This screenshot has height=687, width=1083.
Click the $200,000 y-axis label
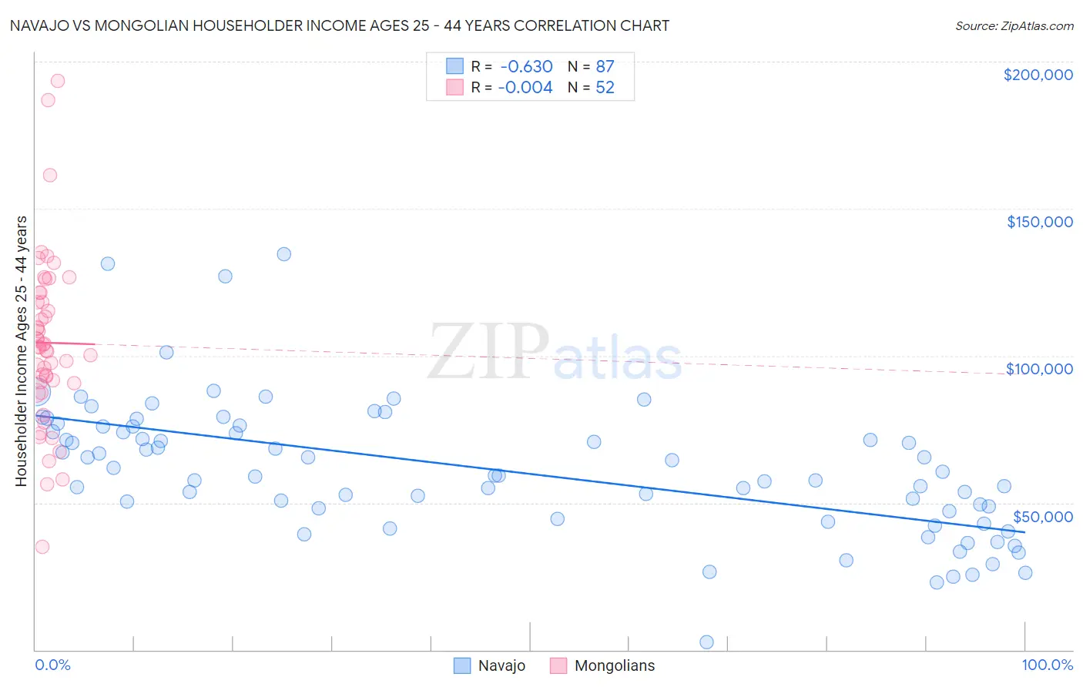coord(1038,75)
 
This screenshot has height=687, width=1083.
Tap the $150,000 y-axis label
coord(1039,222)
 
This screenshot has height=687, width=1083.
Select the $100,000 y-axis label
coord(1039,369)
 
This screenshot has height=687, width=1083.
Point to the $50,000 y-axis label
coord(1042,516)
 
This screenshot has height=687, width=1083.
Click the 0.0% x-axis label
coord(52,665)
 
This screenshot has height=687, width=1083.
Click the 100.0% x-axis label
coord(1047,665)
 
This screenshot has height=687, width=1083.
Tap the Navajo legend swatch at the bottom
coord(461,665)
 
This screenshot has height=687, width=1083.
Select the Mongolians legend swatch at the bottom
coord(558,665)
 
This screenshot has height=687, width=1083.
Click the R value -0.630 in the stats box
coord(525,66)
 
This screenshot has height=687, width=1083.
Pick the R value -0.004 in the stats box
coord(525,88)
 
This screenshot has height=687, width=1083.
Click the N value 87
coord(605,66)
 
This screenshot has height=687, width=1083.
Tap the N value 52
coord(605,88)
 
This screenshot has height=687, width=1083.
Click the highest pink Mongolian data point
coord(57,81)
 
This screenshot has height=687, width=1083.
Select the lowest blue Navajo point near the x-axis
coord(706,642)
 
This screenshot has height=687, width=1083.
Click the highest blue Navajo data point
coord(283,254)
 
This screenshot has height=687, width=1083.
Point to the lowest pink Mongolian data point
coord(42,547)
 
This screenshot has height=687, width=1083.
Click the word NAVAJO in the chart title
coord(38,25)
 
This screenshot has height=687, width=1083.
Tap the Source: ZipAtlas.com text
coord(1014,26)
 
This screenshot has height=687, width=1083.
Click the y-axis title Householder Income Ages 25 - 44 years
coord(21,351)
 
